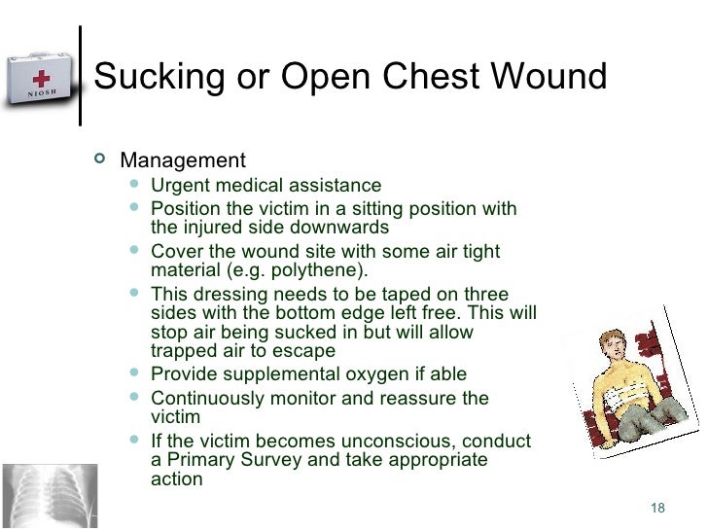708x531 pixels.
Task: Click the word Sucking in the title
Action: [152, 76]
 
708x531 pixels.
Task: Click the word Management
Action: [182, 159]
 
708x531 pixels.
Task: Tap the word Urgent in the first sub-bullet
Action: [180, 186]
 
